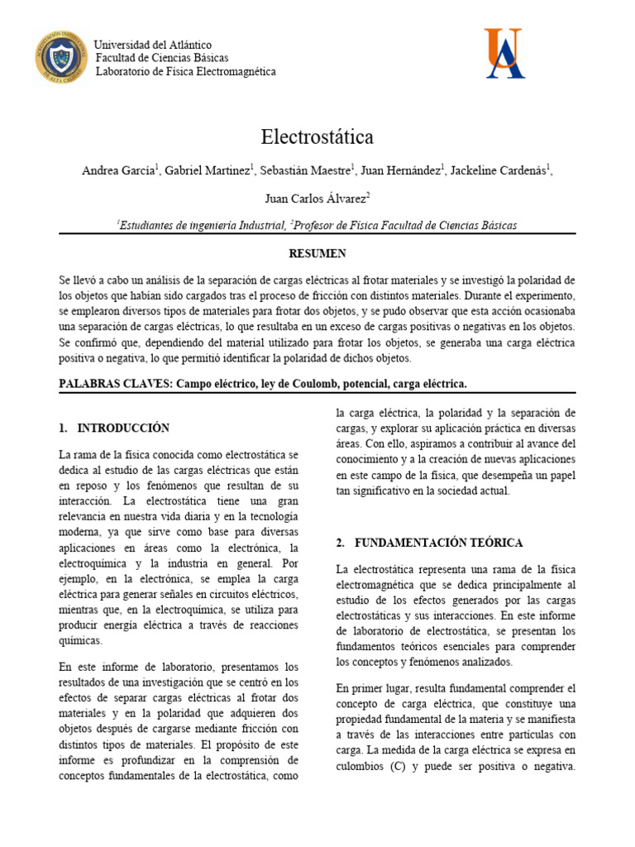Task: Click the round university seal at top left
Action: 60,57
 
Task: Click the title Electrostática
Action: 317,136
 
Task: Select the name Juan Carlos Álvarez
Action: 315,199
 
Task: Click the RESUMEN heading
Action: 317,253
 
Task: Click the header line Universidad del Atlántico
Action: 154,45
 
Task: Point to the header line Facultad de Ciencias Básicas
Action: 162,58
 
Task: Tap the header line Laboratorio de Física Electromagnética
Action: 186,72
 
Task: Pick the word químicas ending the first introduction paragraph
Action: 81,640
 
